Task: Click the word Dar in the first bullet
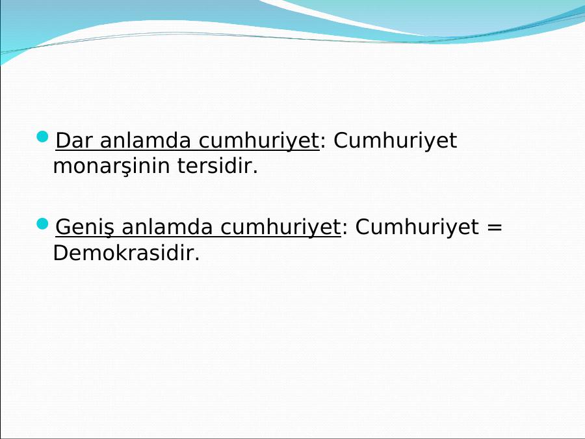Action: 74,140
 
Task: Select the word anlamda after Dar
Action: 145,140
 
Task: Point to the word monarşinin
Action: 112,166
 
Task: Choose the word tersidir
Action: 214,166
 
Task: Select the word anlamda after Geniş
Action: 167,227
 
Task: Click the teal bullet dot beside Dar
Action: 43,137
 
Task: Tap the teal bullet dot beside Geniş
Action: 43,224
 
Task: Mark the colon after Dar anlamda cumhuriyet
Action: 323,143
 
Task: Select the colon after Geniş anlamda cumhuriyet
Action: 344,229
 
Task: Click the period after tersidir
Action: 255,172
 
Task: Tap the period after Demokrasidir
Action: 196,259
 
